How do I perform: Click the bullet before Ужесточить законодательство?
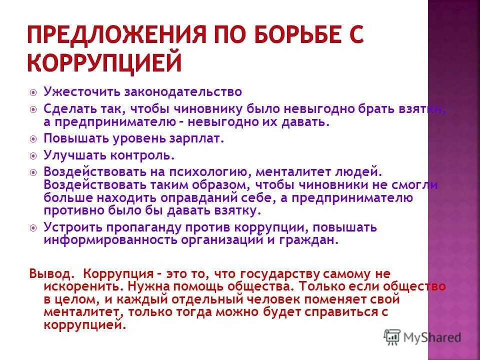coord(33,92)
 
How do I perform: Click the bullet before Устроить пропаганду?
coord(33,228)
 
